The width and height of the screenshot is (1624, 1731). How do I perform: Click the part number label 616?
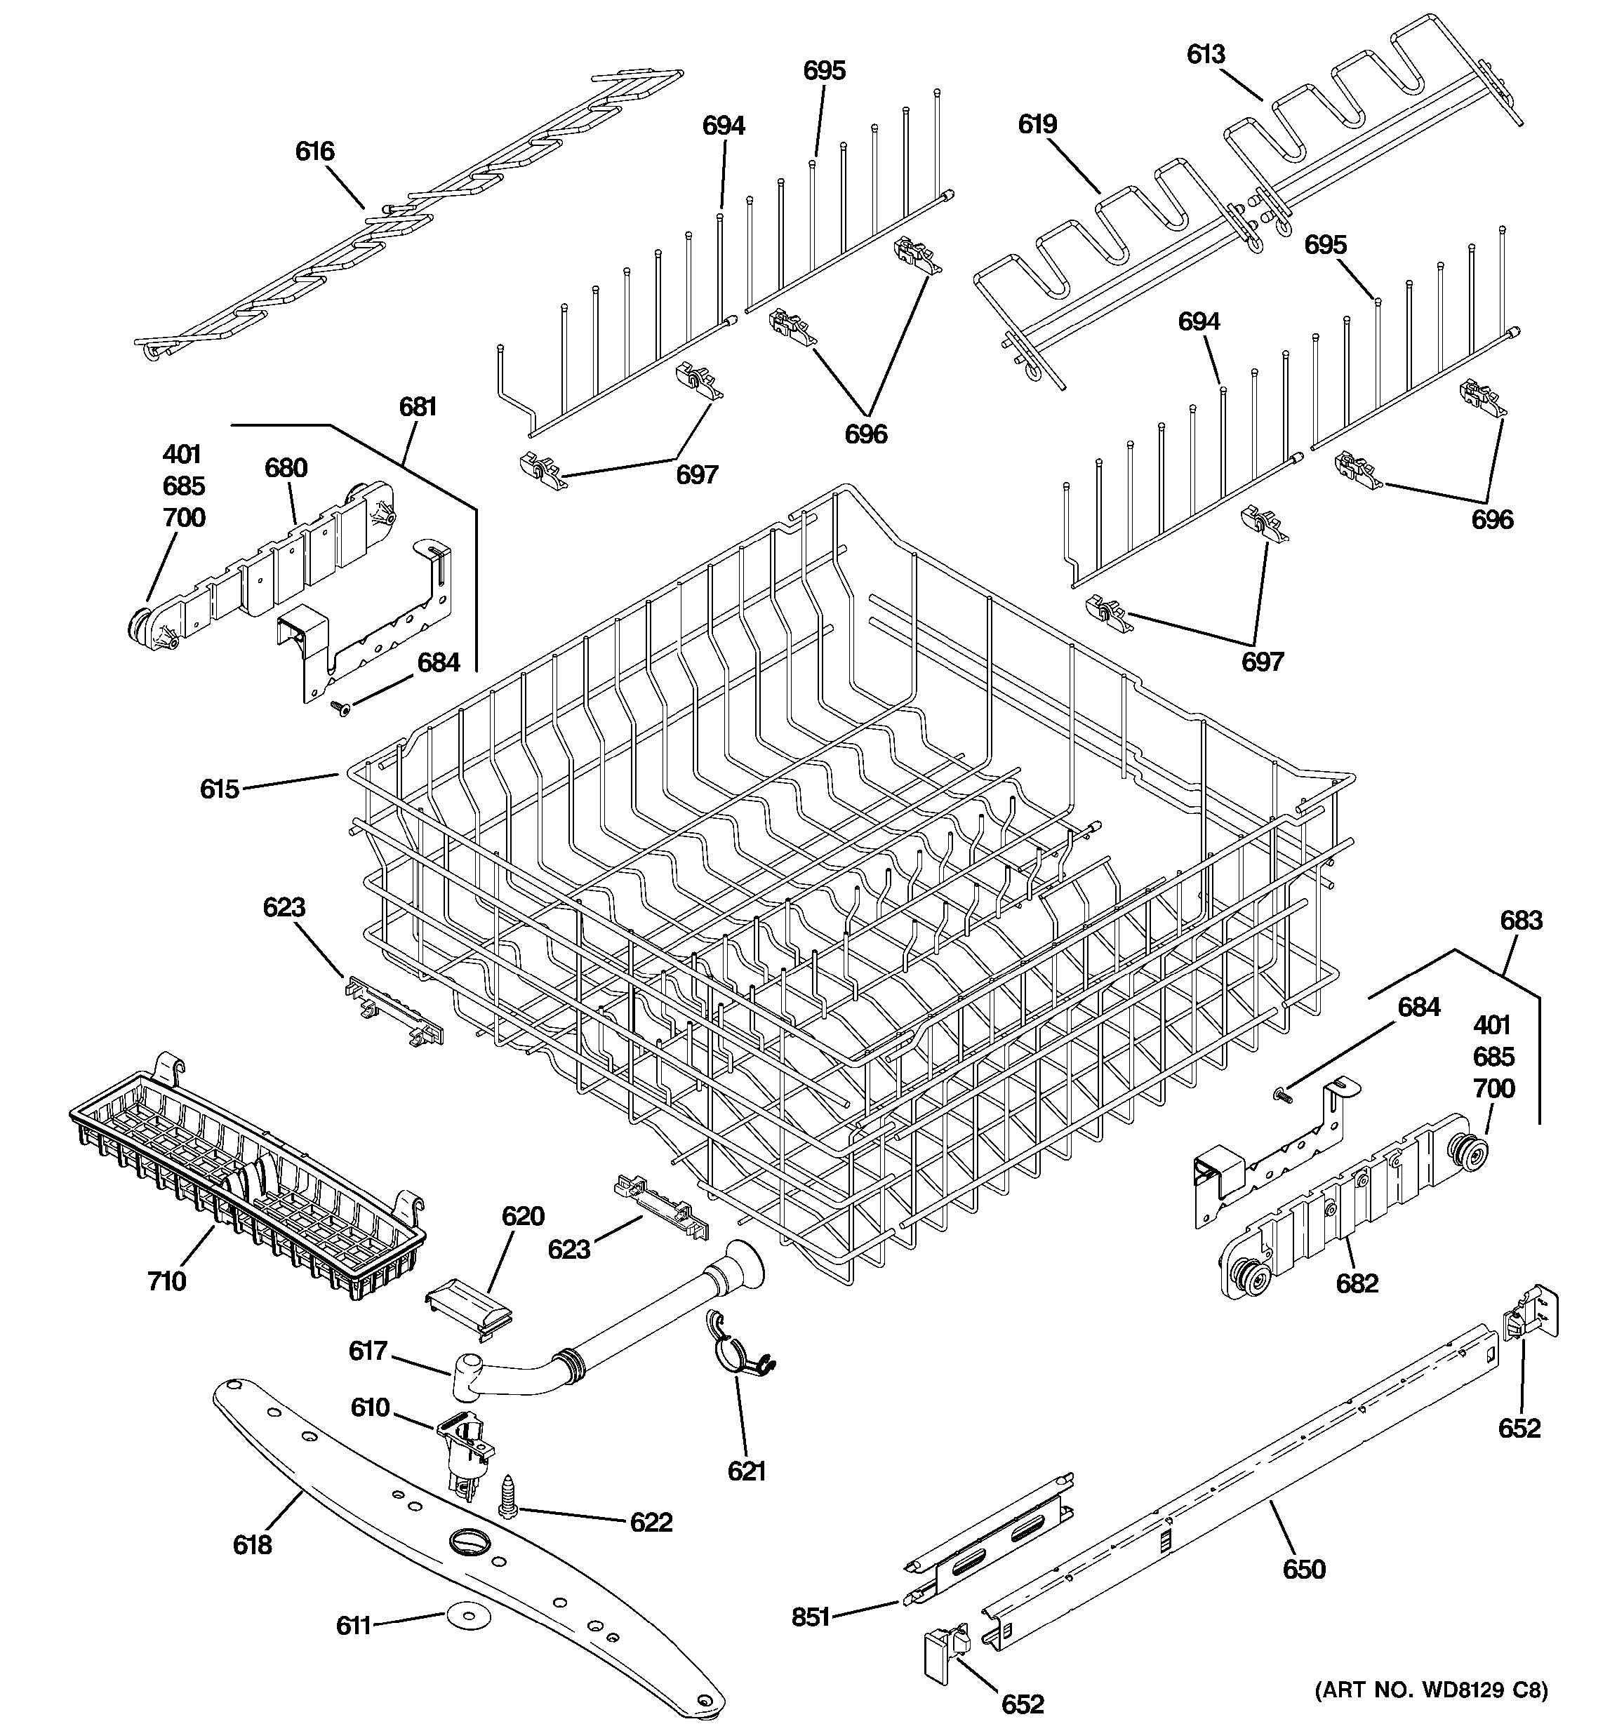[x=314, y=152]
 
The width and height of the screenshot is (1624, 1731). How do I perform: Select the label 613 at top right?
[x=1206, y=55]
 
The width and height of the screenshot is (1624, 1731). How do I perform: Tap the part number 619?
[x=1037, y=124]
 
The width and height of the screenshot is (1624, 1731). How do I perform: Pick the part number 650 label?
[x=1303, y=1570]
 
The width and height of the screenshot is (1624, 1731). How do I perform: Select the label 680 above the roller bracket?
[x=286, y=469]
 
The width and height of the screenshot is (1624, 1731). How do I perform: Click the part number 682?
[x=1357, y=1283]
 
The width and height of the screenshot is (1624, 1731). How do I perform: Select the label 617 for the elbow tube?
[x=368, y=1351]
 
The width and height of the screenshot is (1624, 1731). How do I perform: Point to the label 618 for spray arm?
[x=253, y=1544]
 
